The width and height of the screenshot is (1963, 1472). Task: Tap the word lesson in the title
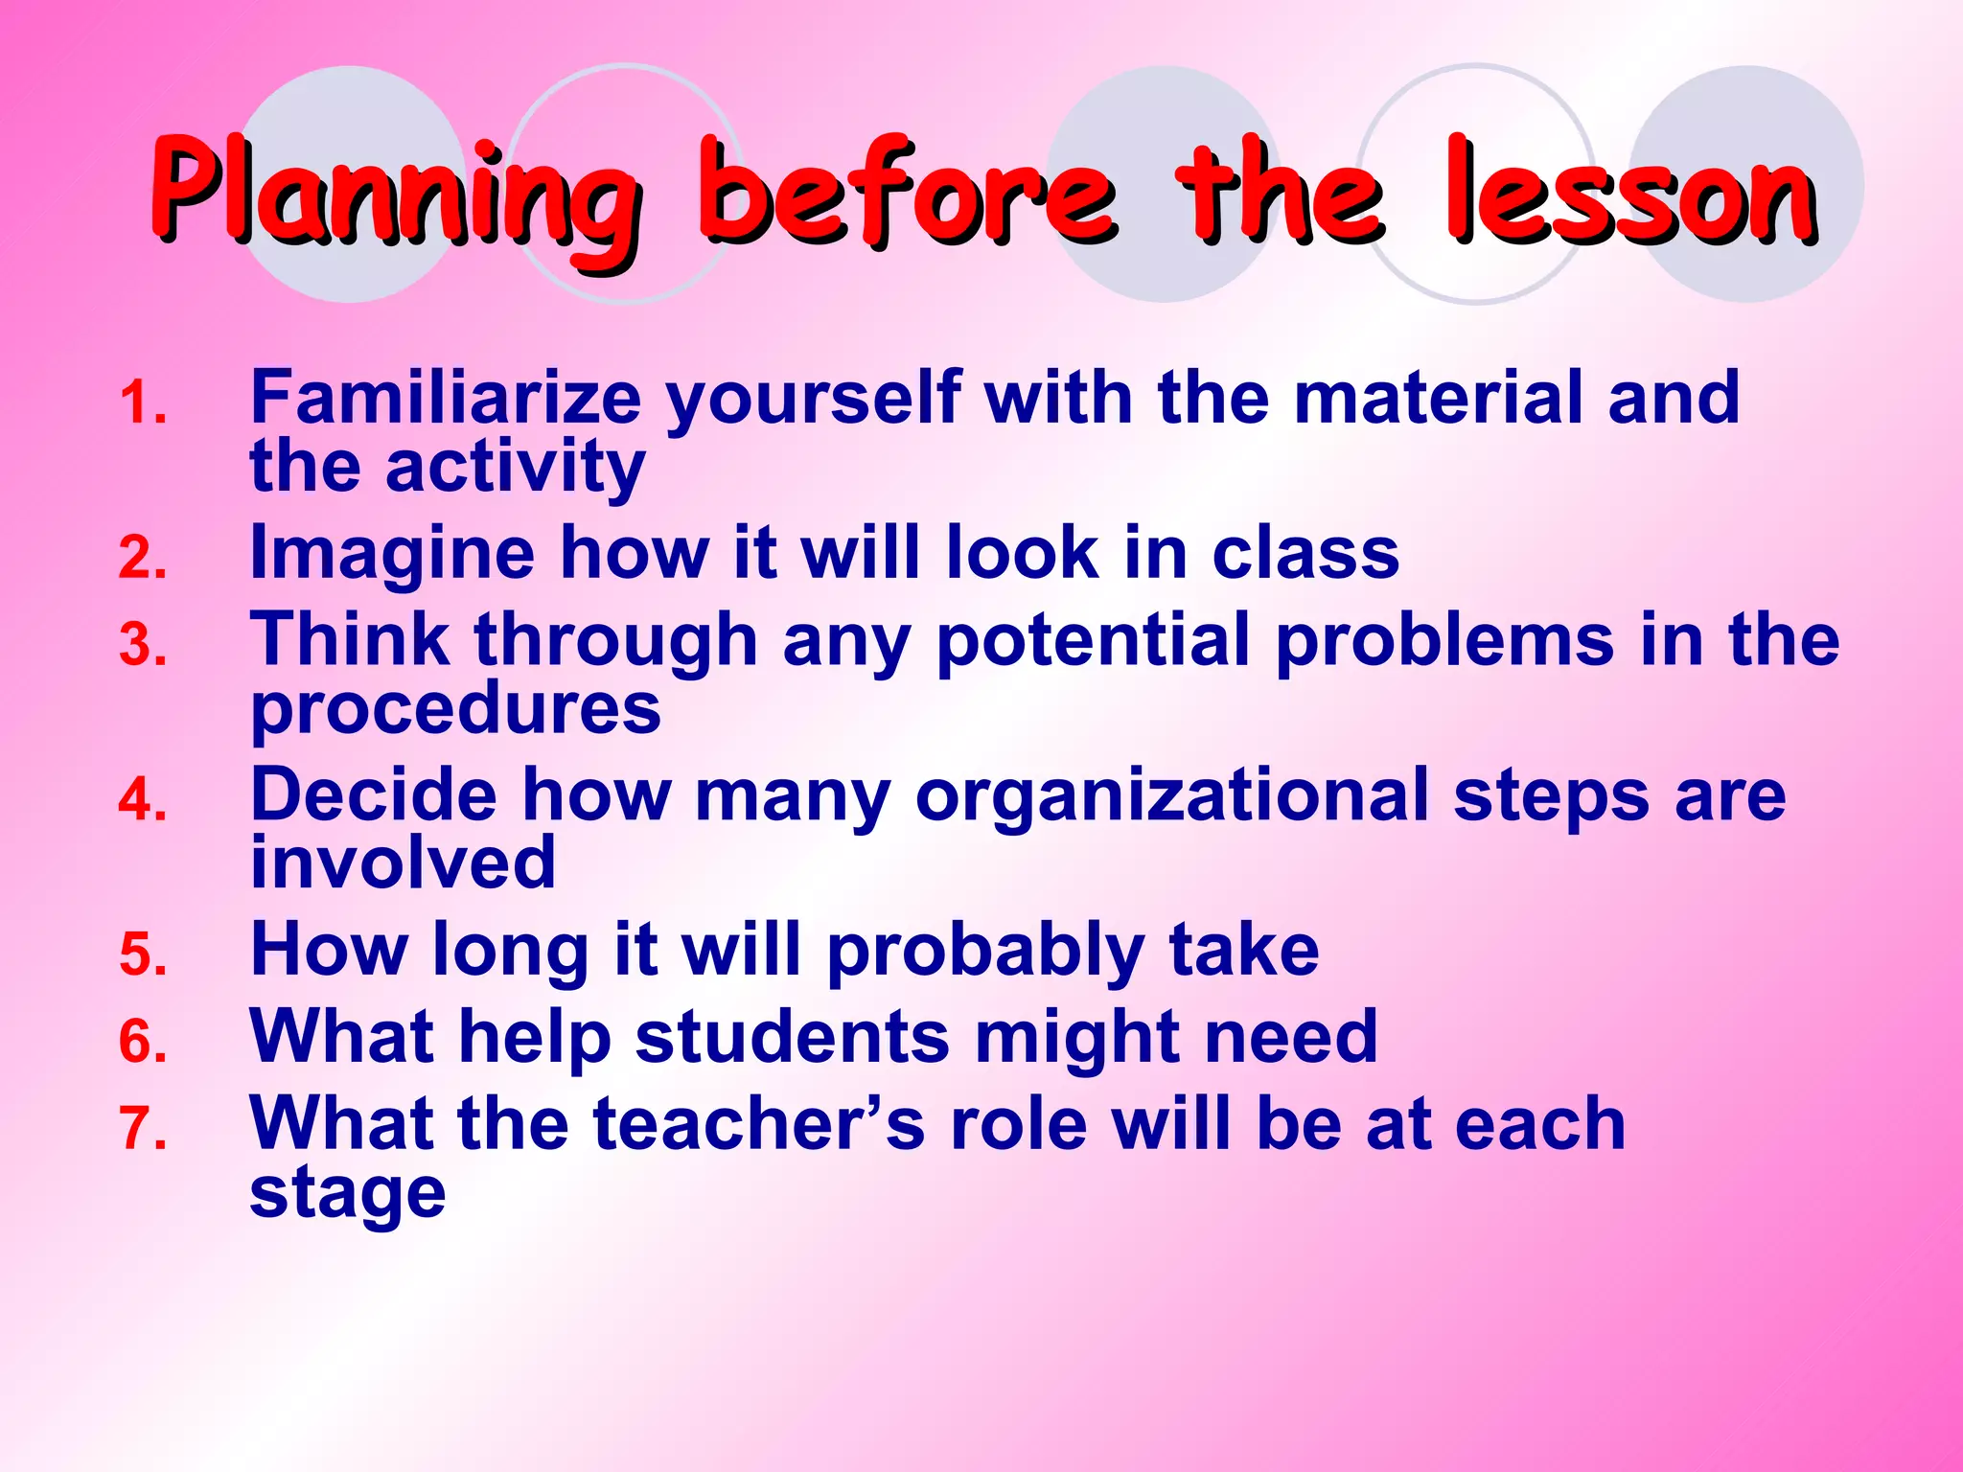1629,192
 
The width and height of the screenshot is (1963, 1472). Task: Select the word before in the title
906,192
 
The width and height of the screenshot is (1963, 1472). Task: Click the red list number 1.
143,402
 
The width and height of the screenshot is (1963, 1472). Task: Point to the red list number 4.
143,800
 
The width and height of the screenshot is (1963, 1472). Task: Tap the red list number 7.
143,1128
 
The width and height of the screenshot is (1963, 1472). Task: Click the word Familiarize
445,397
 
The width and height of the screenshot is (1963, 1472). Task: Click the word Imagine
391,554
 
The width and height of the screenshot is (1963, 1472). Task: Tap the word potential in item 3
1093,640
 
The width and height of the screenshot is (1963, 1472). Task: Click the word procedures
455,709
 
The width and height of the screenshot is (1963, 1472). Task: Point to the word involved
403,862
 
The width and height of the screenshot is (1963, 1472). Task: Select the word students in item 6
792,1037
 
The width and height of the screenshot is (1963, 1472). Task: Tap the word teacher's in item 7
758,1123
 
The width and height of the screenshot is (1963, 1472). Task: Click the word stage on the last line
347,1194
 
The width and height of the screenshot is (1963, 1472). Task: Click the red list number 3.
143,645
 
